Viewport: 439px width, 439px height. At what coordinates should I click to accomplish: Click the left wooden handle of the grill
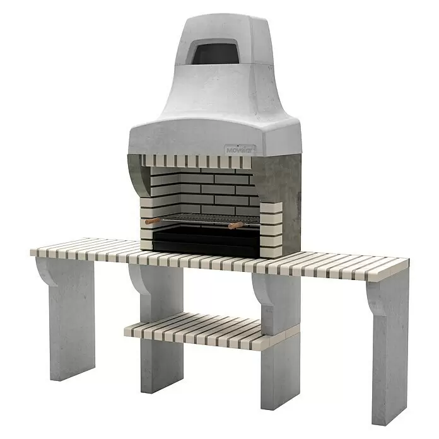(153, 221)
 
